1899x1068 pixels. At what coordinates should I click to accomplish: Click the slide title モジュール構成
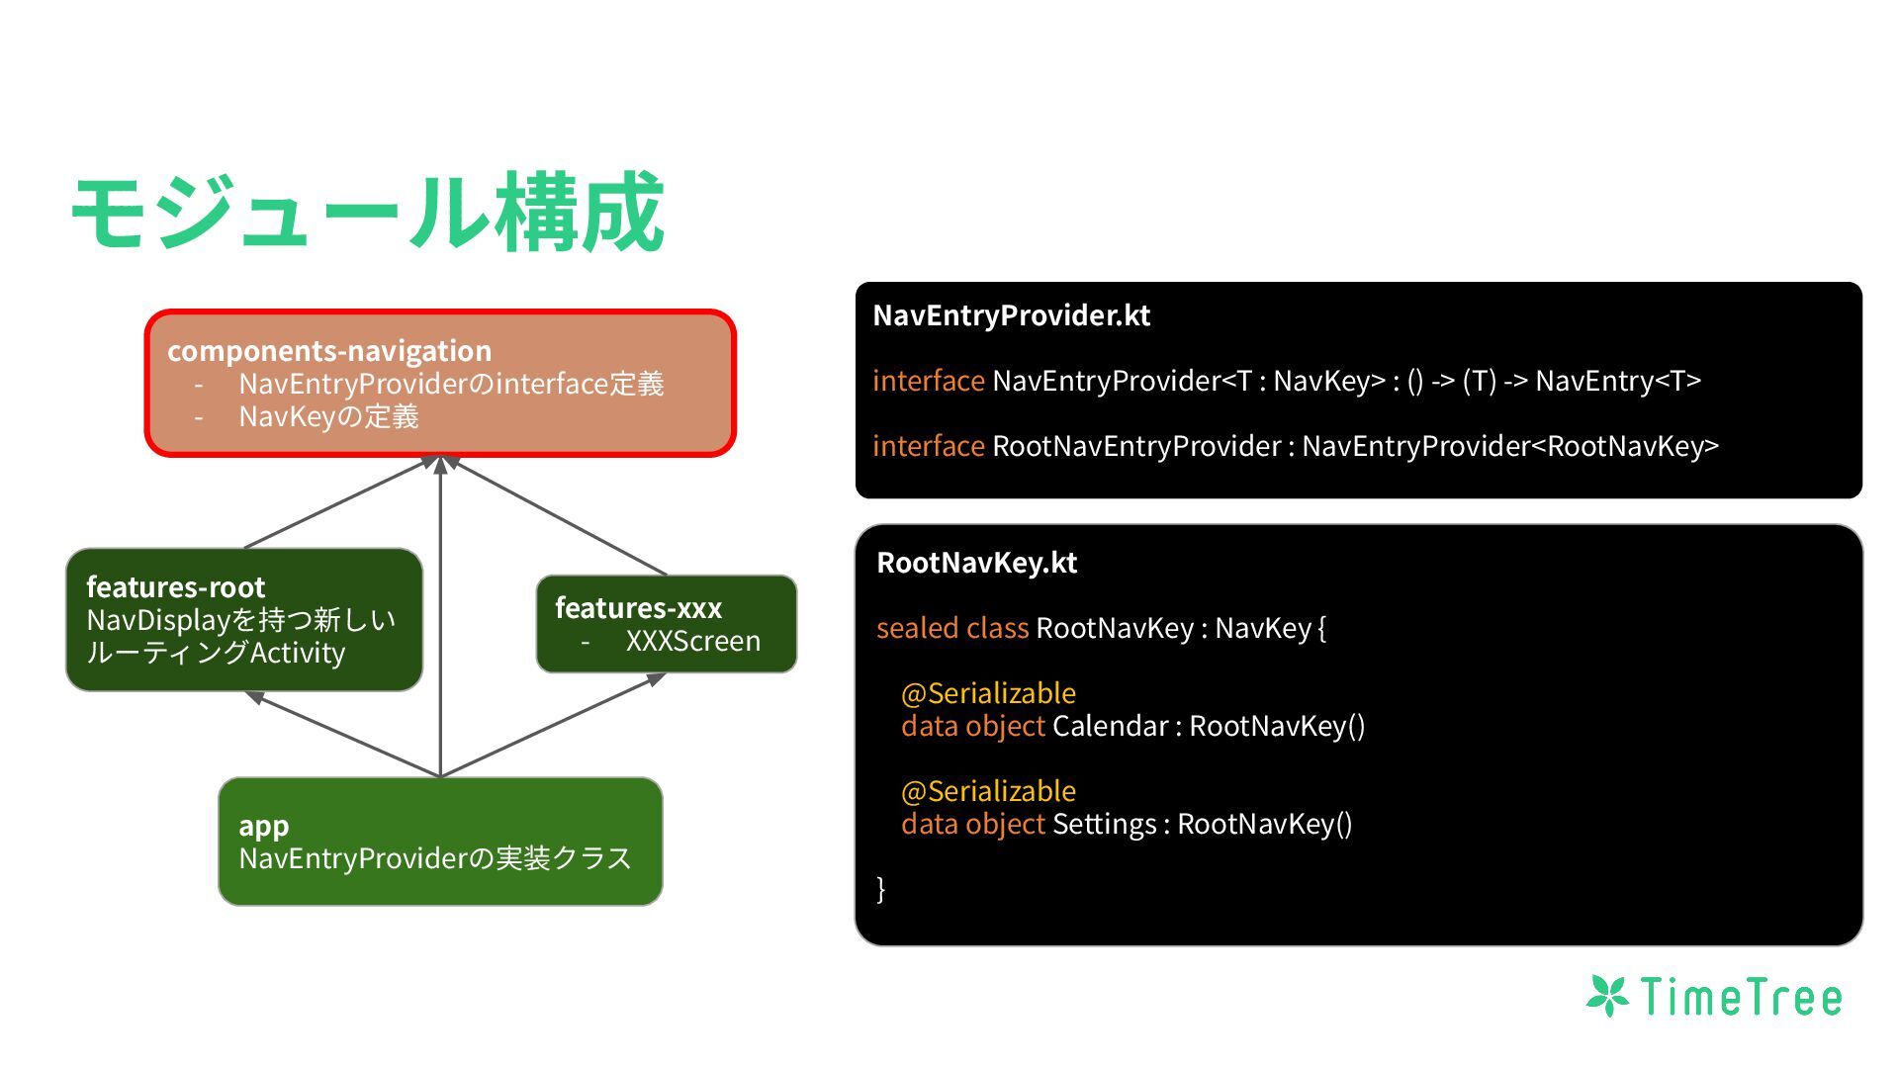click(367, 213)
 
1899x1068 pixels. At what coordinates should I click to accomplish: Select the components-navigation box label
click(329, 351)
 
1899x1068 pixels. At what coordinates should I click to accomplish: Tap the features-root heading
click(176, 587)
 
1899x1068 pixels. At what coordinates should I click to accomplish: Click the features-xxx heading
click(638, 607)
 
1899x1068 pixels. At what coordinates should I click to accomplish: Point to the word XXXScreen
click(692, 641)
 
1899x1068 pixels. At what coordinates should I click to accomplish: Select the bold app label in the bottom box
click(263, 826)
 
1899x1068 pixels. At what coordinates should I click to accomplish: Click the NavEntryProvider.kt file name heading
click(1011, 315)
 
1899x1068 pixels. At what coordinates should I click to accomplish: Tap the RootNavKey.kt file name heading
click(976, 563)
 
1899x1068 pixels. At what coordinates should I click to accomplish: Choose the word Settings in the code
click(1104, 824)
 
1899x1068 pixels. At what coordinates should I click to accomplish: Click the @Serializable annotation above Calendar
click(988, 693)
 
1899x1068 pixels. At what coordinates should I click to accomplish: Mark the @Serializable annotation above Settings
click(988, 791)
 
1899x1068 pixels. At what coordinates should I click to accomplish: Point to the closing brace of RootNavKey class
click(881, 888)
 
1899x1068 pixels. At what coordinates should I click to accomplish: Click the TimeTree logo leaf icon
click(1608, 996)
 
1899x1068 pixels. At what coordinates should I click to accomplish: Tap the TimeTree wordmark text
click(1741, 997)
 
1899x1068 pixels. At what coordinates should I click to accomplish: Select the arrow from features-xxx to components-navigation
click(559, 516)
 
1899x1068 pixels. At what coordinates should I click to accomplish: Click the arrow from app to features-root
click(346, 734)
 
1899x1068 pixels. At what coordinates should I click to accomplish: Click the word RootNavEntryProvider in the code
click(1136, 446)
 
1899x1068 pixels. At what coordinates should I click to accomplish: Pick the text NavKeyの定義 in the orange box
click(328, 417)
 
